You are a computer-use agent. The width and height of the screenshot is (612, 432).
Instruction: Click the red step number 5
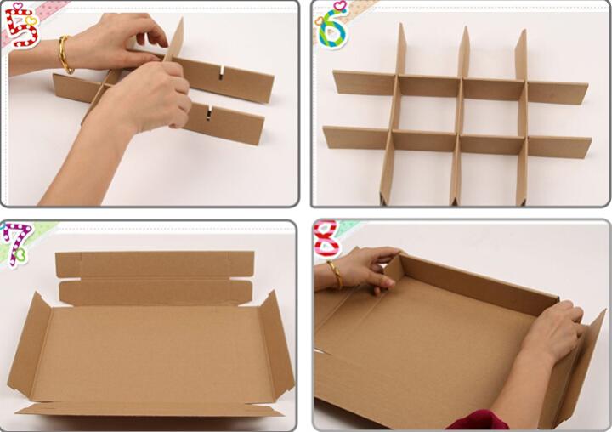tap(21, 27)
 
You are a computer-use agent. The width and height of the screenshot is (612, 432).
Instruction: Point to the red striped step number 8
tap(327, 239)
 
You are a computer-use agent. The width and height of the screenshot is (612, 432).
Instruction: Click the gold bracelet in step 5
tap(65, 54)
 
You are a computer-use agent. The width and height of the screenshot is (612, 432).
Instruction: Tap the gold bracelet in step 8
tap(336, 275)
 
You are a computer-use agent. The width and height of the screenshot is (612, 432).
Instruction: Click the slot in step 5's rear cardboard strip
tap(222, 73)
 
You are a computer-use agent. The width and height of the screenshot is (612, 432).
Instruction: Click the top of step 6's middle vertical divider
tap(465, 28)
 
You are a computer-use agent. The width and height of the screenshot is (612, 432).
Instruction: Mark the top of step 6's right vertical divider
tap(522, 31)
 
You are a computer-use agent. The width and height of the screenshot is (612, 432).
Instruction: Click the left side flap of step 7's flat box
tap(30, 348)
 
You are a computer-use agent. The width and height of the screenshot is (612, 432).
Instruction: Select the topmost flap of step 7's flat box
tap(155, 264)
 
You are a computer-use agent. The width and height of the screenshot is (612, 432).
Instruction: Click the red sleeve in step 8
tap(477, 421)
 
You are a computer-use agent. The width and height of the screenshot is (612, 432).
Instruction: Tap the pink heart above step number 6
tap(341, 5)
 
